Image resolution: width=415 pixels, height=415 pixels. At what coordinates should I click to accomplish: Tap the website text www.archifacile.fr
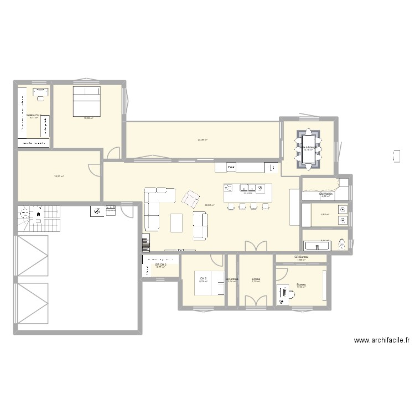[381, 341]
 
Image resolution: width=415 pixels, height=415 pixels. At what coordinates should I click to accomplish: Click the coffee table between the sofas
[177, 222]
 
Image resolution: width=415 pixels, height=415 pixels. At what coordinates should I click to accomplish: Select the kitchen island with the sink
[247, 193]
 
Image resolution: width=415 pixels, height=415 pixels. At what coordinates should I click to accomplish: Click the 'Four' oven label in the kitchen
[232, 167]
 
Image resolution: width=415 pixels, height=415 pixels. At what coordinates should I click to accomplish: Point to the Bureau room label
[301, 284]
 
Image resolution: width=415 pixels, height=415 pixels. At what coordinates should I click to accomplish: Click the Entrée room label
[256, 279]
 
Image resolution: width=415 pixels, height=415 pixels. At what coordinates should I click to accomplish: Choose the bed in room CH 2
[217, 282]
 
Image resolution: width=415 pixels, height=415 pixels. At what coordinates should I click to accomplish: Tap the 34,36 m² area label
[202, 139]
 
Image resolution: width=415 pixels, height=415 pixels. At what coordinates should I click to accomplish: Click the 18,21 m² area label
[59, 177]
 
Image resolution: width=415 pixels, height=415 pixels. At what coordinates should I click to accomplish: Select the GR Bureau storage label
[302, 258]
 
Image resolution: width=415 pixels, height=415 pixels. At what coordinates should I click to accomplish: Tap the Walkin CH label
[34, 115]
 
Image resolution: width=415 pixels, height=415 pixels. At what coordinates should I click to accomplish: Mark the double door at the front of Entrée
[256, 300]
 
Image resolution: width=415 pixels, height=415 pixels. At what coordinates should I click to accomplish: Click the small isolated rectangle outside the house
[396, 155]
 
